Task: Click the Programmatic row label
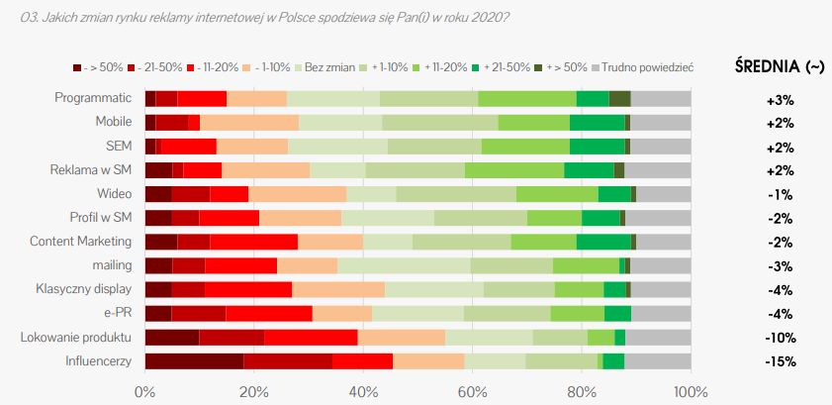pyautogui.click(x=93, y=98)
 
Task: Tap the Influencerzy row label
pyautogui.click(x=98, y=360)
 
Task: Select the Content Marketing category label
pyautogui.click(x=80, y=242)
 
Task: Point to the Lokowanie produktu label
pyautogui.click(x=76, y=337)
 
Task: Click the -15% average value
pyautogui.click(x=780, y=361)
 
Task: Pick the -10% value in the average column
pyautogui.click(x=780, y=338)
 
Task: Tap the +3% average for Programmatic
pyautogui.click(x=780, y=99)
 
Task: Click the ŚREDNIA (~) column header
pyautogui.click(x=779, y=66)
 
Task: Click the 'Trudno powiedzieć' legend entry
pyautogui.click(x=642, y=67)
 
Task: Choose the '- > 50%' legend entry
pyautogui.click(x=99, y=67)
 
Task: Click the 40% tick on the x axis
pyautogui.click(x=363, y=390)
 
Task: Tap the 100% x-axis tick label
pyautogui.click(x=691, y=390)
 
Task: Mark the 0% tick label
pyautogui.click(x=145, y=390)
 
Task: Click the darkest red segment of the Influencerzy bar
pyautogui.click(x=194, y=360)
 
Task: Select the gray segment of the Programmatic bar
pyautogui.click(x=661, y=98)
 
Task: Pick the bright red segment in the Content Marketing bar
pyautogui.click(x=253, y=242)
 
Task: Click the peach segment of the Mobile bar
pyautogui.click(x=249, y=122)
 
